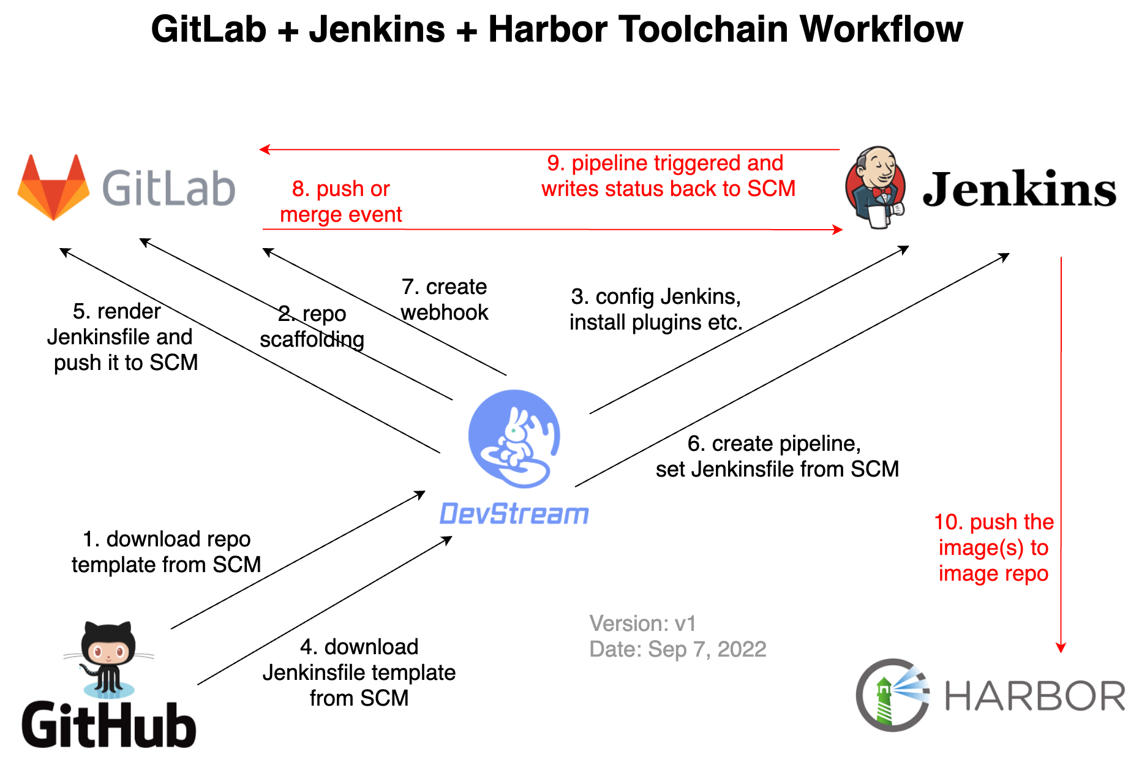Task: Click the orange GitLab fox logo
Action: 54,187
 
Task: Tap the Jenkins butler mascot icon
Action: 876,187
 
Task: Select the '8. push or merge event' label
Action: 340,202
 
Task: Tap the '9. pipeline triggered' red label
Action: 667,176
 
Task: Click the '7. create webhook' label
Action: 444,300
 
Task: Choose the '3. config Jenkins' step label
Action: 655,309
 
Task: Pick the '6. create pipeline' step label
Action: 776,456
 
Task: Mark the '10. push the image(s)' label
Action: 993,548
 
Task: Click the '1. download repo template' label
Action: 166,552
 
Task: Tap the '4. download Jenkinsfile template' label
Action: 359,673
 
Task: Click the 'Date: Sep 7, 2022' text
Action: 677,649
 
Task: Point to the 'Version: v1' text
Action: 642,624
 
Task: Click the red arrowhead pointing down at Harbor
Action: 1061,648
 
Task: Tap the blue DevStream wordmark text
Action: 514,514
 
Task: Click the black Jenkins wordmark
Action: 1019,189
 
